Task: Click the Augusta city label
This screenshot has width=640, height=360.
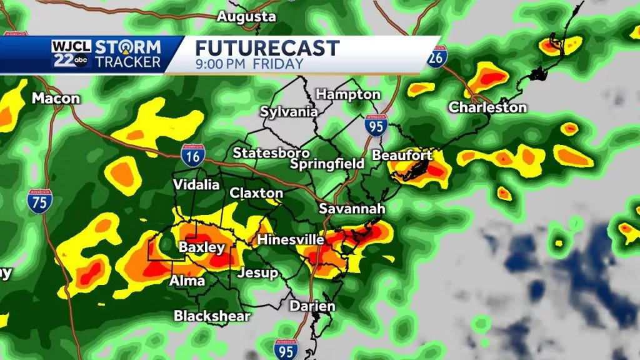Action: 246,17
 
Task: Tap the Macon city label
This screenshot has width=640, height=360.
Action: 56,98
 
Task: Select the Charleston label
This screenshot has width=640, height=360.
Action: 487,107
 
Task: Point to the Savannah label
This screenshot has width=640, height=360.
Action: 352,209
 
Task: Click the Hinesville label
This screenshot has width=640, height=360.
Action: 291,240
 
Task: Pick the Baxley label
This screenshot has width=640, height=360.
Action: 201,247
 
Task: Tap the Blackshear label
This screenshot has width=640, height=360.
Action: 212,316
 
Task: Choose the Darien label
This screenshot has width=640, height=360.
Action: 312,306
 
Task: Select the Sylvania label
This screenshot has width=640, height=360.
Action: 289,112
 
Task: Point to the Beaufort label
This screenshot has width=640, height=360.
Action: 402,155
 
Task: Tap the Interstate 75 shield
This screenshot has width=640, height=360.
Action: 39,201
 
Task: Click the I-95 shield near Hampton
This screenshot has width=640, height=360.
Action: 376,126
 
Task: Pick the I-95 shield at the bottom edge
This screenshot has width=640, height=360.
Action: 285,347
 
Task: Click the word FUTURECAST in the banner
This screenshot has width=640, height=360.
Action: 267,47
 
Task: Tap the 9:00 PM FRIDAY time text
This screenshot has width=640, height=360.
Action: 249,64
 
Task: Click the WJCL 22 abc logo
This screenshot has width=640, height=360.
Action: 71,54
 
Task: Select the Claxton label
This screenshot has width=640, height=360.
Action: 256,193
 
